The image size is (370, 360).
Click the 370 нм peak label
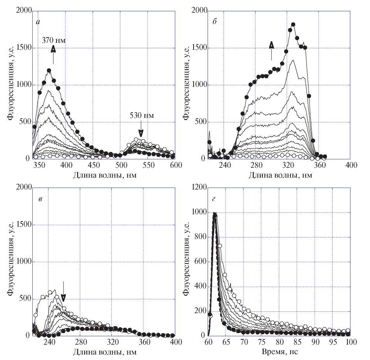tap(54, 40)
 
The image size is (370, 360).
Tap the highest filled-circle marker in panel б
tap(293, 25)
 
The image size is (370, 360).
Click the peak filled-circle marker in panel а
tap(49, 71)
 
